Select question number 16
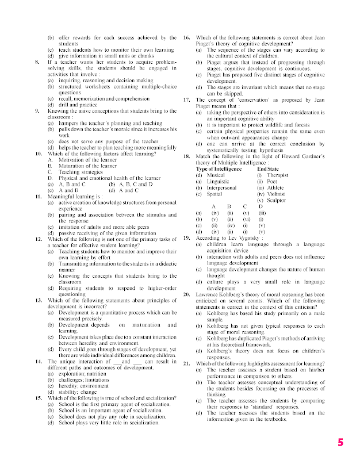(x=186, y=38)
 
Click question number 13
(x=37, y=300)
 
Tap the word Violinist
(x=277, y=194)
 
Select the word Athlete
(x=274, y=187)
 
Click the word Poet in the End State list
(x=272, y=181)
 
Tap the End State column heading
(x=269, y=168)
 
